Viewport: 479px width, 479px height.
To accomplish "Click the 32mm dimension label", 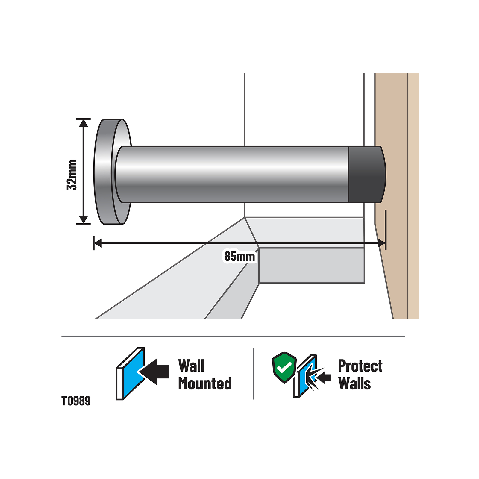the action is (72, 175).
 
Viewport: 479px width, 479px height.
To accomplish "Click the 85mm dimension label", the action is (240, 257).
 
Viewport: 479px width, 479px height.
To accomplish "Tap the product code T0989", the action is (76, 401).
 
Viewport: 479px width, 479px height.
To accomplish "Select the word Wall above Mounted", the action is (191, 366).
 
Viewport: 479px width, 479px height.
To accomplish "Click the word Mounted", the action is (205, 383).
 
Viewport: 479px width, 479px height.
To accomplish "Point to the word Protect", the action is (360, 366).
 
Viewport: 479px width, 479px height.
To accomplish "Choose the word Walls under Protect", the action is (354, 383).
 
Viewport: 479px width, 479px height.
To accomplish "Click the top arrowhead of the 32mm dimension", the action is (84, 123).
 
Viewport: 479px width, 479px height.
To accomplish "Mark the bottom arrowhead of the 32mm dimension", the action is (84, 220).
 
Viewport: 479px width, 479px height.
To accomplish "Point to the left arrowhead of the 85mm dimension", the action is (98, 243).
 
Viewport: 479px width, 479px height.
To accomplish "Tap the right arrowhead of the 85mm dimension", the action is (381, 243).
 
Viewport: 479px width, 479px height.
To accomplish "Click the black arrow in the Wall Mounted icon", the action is (154, 372).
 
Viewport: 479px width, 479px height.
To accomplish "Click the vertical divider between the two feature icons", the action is (254, 374).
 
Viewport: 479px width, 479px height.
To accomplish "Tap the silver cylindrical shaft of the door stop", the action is (232, 175).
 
